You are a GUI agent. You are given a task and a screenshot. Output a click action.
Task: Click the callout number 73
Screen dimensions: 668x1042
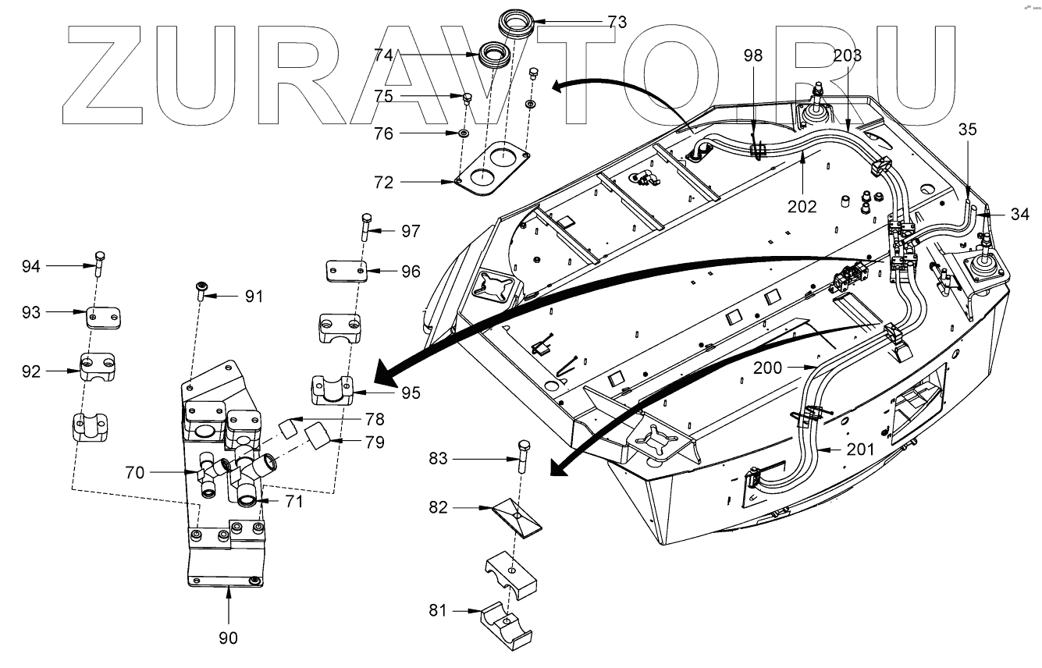(x=617, y=22)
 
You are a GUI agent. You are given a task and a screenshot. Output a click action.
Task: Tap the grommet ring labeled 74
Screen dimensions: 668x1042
(x=493, y=55)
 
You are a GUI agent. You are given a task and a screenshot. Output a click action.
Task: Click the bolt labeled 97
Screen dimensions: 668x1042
(x=366, y=228)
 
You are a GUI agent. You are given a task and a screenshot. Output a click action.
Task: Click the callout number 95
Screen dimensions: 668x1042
(x=411, y=393)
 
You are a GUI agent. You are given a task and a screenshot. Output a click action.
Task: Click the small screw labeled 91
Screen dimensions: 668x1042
(x=201, y=293)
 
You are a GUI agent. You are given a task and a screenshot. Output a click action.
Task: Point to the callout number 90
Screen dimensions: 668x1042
(x=228, y=638)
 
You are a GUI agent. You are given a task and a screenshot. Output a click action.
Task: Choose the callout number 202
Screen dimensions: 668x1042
(x=802, y=207)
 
